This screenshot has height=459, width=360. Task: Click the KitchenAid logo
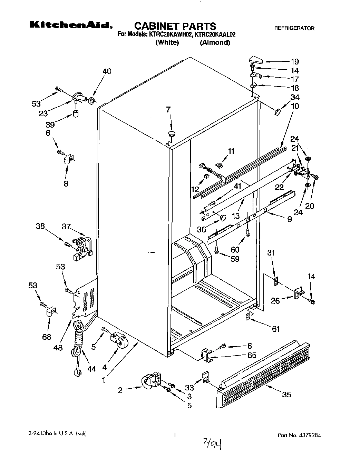(71, 25)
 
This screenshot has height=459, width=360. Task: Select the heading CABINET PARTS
(175, 26)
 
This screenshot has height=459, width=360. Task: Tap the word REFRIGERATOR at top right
(294, 28)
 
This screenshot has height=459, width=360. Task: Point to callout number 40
(107, 71)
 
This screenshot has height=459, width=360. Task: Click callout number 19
(294, 62)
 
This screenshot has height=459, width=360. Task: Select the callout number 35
(286, 395)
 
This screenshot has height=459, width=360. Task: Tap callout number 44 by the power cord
(91, 369)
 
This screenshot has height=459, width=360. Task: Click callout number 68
(47, 337)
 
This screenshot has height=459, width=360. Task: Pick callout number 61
(275, 329)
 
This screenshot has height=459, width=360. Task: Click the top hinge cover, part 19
(256, 61)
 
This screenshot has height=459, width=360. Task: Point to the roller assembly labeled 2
(150, 382)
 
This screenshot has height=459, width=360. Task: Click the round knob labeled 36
(223, 218)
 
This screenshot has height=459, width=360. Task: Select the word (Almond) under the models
(215, 43)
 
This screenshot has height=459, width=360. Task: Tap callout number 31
(271, 253)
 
